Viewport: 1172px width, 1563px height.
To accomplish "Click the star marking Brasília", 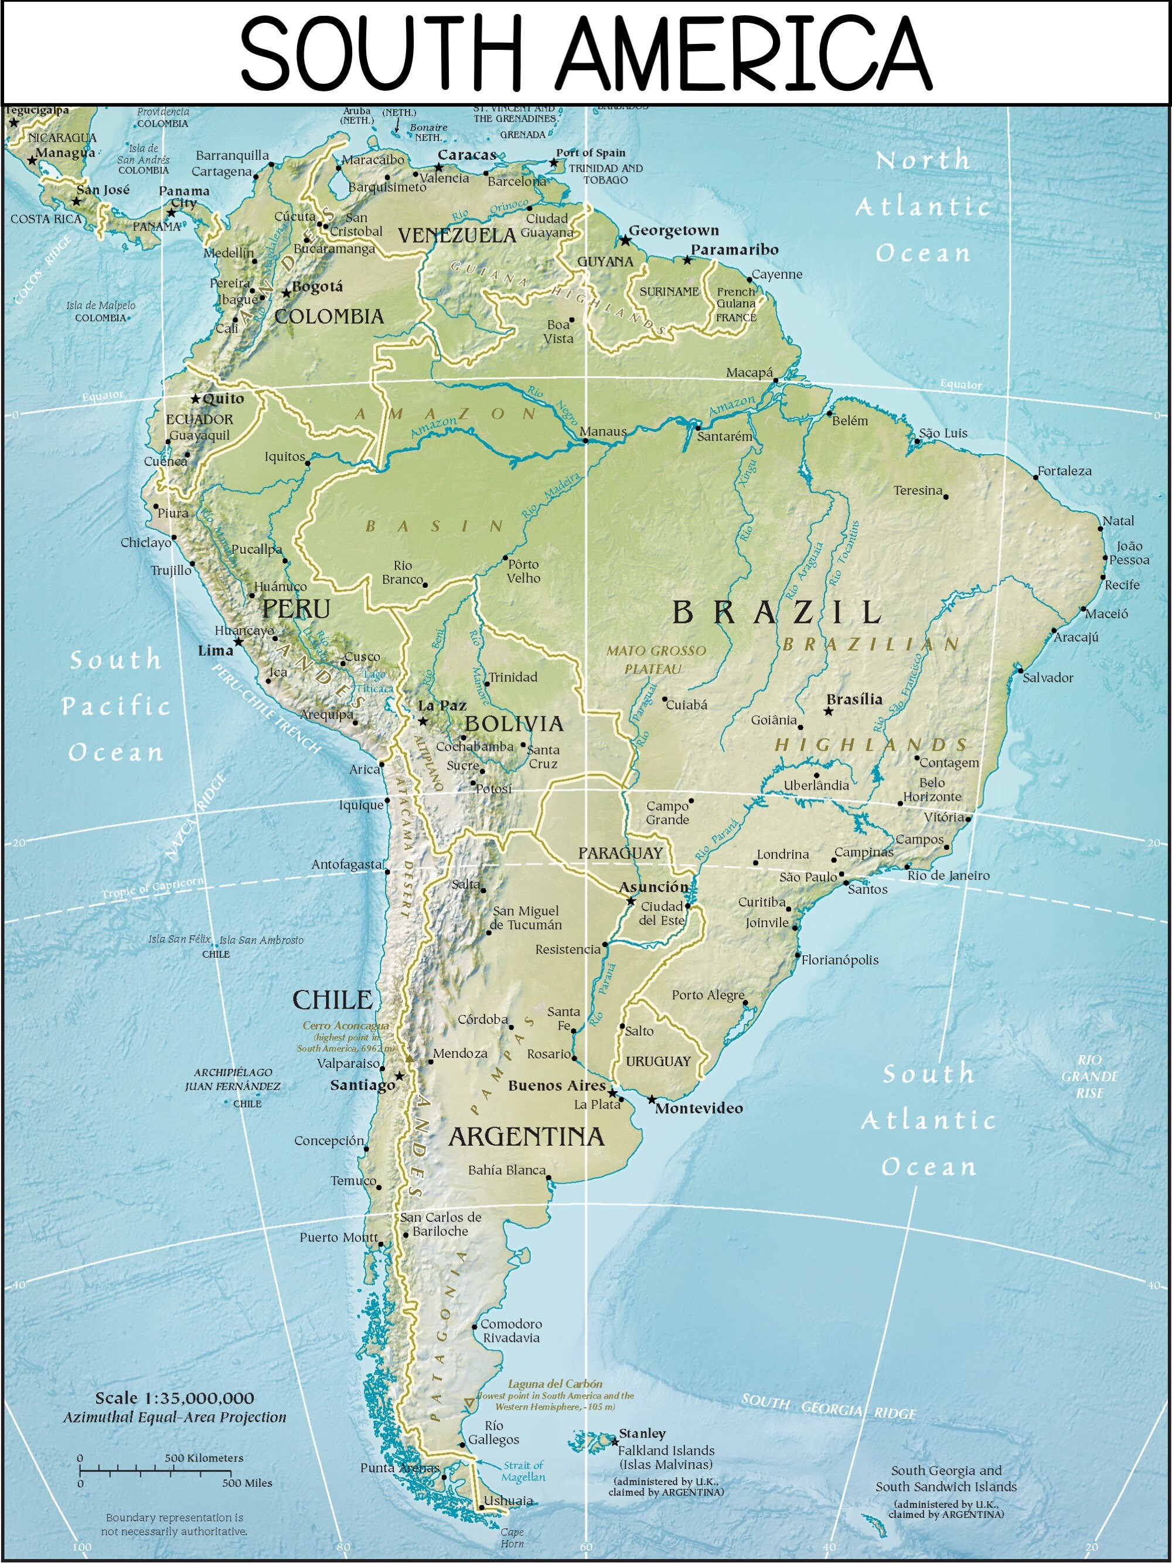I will pos(829,711).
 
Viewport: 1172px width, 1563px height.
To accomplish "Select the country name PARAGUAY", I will pos(620,853).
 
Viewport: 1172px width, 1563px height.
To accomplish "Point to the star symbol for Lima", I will pos(239,642).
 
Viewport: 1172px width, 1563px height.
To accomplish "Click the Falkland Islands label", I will pos(666,1450).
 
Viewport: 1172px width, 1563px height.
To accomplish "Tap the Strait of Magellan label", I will pos(523,1472).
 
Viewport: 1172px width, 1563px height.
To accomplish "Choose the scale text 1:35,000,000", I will pos(175,1398).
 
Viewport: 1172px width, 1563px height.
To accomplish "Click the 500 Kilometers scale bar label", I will pos(203,1458).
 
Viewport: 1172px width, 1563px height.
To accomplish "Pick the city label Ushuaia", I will pos(508,1501).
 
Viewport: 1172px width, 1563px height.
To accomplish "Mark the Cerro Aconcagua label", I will pos(346,1025).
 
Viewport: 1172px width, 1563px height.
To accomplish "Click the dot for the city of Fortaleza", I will pos(1035,478).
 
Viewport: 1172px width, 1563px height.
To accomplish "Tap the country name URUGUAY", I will pos(657,1061).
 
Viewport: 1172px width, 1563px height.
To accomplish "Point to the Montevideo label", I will pos(699,1109).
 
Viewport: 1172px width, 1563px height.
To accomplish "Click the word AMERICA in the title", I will pos(743,55).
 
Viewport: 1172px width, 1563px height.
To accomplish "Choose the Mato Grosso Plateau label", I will pos(656,659).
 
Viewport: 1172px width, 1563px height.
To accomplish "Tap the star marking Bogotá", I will pos(286,293).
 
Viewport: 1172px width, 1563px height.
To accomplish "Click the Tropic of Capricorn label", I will pos(152,888).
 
